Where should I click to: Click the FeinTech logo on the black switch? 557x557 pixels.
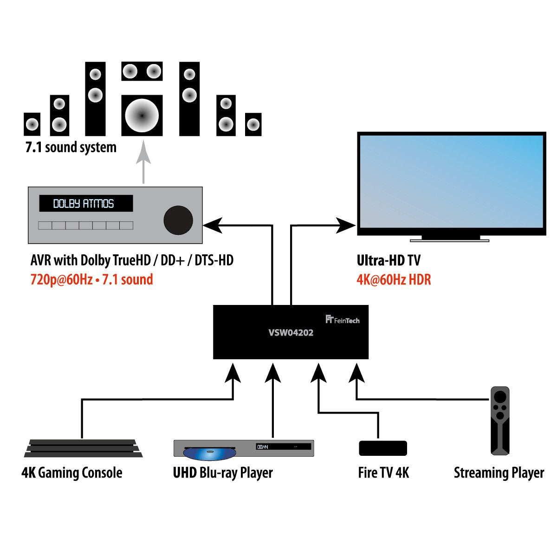343,320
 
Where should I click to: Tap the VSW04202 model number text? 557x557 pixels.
291,333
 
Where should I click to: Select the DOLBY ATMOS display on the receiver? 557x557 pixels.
85,203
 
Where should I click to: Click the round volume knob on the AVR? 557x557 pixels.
178,220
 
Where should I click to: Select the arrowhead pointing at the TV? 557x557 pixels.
346,226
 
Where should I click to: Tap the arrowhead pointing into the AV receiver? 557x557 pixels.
213,226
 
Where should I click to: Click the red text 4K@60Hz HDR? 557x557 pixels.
394,280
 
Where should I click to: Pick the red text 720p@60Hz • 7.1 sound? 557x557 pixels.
91,280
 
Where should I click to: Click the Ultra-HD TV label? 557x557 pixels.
389,260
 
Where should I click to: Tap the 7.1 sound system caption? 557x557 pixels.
71,148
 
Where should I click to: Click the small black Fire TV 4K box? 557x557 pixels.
383,448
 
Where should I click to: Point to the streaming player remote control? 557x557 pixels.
500,421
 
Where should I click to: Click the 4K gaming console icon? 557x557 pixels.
83,448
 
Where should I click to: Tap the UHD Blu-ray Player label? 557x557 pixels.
223,473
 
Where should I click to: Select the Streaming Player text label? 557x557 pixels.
499,473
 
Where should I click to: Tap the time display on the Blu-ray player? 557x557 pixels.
263,447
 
